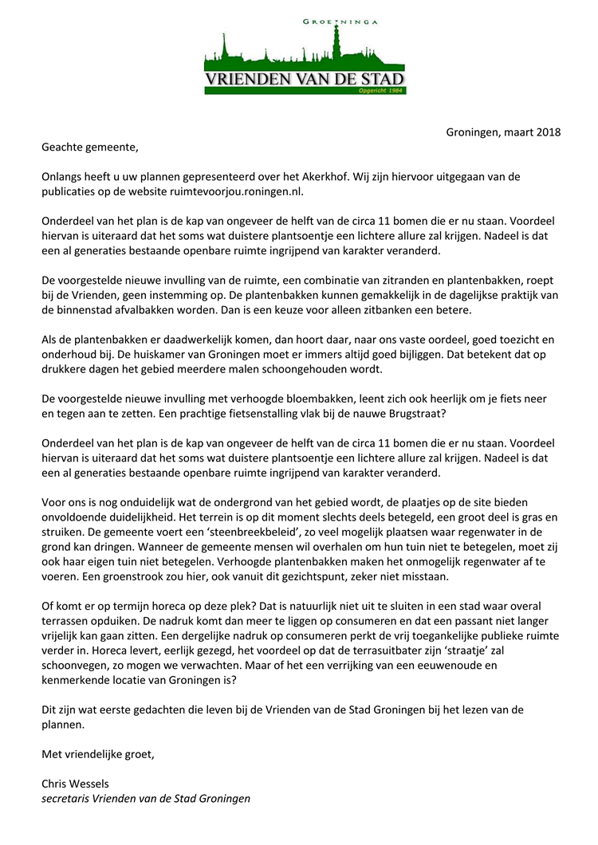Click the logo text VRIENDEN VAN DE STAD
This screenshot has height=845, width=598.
click(305, 80)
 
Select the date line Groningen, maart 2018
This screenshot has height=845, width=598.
click(503, 132)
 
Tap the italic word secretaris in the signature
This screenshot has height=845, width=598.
click(65, 798)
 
